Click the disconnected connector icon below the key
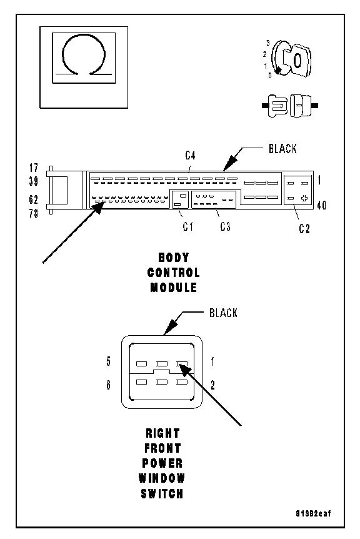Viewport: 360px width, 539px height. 290,106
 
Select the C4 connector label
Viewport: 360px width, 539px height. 190,156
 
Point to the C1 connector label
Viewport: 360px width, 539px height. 188,226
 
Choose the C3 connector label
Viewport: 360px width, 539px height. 226,226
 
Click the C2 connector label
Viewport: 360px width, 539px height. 304,229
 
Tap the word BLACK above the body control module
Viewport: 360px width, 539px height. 282,149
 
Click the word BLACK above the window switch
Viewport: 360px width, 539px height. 223,313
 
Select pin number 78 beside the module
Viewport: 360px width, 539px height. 34,213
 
